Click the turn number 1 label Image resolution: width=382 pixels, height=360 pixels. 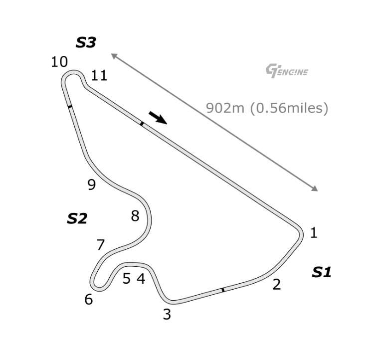pos(314,233)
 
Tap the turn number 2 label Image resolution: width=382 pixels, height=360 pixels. pos(277,284)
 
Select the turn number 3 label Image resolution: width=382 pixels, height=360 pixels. pos(167,314)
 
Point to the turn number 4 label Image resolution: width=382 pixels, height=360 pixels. pos(141,279)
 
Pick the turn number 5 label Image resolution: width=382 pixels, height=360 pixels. pos(127,279)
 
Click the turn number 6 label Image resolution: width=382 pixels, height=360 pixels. pos(89,299)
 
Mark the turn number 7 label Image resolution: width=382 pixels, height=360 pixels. pos(101,245)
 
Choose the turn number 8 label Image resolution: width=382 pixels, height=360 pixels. pos(135,216)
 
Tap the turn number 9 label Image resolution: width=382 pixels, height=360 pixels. pos(92,184)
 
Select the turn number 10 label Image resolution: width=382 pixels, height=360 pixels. pos(59,62)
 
